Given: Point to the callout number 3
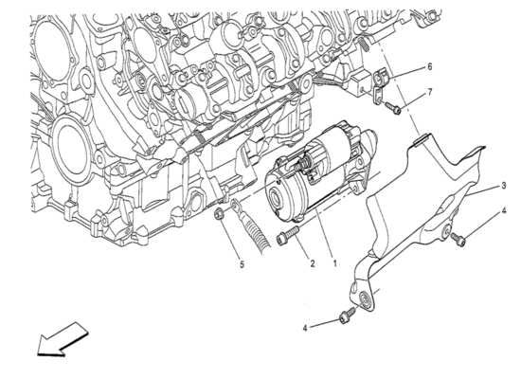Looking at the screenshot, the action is point(504,186).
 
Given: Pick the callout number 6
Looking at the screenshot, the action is point(430,67).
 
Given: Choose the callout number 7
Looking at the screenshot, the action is point(430,92).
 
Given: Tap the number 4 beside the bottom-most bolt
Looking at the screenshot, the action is point(305,328).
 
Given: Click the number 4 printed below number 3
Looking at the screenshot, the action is point(504,210).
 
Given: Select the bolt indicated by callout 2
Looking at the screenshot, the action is point(288,235).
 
